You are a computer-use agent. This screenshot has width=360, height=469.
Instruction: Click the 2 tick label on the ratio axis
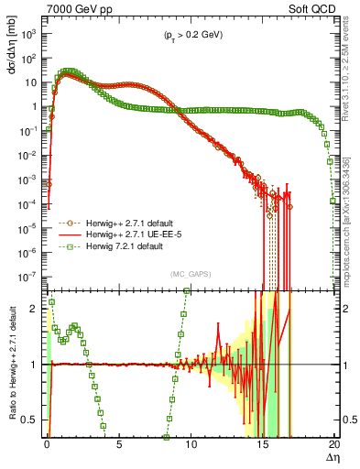tap(36, 309)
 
